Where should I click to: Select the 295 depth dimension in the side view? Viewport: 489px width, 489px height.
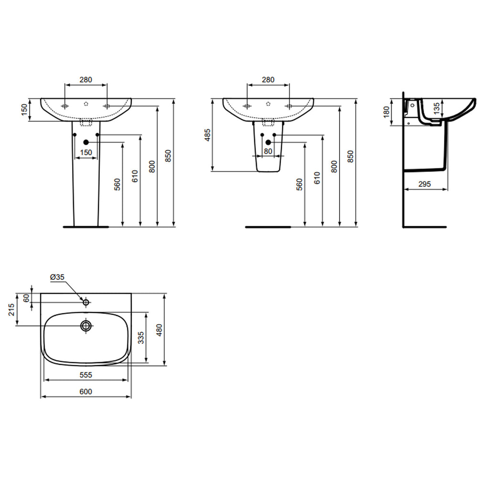point(425,184)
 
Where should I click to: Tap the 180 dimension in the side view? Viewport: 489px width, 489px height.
point(386,112)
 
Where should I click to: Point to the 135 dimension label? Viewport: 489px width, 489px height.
point(436,108)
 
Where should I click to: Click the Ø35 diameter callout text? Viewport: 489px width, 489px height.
point(57,277)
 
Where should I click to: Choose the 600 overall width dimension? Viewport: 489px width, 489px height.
point(85,392)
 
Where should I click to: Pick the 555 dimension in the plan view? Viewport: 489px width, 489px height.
point(85,375)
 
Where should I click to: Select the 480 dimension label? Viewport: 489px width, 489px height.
point(159,330)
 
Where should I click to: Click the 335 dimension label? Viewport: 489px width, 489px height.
point(141,338)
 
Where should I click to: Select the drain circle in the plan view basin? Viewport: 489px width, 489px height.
point(86,326)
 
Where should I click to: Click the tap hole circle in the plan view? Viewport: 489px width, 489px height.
point(86,302)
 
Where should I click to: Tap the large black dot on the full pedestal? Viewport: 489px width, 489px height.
point(86,142)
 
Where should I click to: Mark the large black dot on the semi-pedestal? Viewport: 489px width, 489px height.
point(268,142)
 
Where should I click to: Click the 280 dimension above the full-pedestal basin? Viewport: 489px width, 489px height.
point(85,80)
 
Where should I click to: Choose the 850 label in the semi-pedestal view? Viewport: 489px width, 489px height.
point(351,156)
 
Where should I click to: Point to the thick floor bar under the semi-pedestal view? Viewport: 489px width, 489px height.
point(267,227)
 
